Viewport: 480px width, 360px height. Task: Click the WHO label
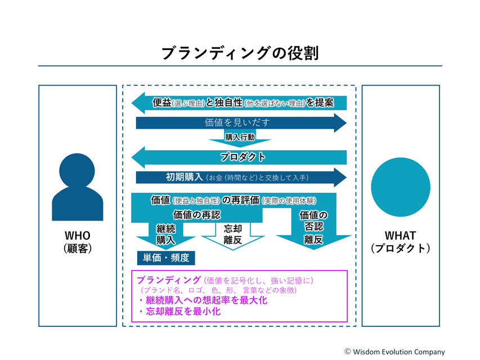(78, 236)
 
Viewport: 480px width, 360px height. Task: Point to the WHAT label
(401, 236)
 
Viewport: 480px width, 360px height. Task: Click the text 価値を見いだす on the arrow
(237, 122)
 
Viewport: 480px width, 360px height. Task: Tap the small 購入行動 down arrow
(240, 138)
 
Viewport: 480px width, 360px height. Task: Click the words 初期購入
(185, 177)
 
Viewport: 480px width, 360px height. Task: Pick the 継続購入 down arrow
(165, 235)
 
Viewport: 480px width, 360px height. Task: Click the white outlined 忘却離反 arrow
(232, 235)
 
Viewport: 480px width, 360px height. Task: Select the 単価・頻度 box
(166, 258)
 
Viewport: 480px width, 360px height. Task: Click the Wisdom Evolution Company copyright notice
(394, 351)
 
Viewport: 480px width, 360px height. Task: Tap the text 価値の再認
(197, 214)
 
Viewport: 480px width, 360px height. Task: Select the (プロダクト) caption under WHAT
(401, 248)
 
